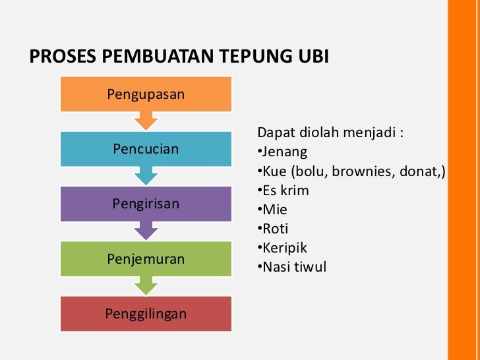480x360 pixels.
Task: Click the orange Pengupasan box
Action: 146,93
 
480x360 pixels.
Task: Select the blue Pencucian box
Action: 146,148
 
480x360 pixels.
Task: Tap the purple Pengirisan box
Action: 146,204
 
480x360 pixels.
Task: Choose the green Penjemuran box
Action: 146,258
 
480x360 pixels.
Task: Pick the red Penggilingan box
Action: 146,313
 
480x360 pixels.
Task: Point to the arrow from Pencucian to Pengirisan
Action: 146,176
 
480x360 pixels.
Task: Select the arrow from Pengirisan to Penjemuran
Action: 146,231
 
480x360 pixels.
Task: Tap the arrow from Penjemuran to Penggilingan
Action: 146,286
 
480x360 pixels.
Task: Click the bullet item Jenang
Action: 284,152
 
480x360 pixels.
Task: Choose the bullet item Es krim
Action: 285,191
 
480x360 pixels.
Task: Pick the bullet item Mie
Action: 274,210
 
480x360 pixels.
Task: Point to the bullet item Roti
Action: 276,229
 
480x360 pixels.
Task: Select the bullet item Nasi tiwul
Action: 293,267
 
